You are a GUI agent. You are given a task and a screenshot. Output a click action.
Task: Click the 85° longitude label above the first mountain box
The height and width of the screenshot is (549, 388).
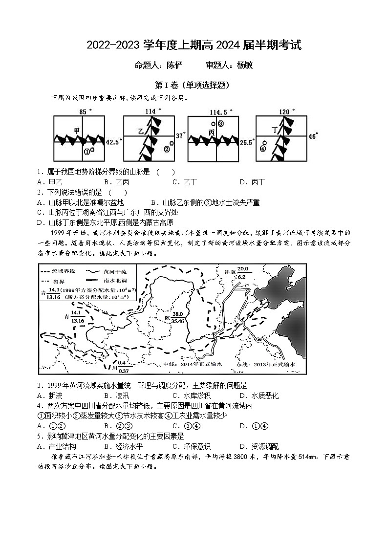(86, 111)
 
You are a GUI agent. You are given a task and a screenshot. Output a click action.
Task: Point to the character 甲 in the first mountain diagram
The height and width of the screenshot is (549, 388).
(77, 131)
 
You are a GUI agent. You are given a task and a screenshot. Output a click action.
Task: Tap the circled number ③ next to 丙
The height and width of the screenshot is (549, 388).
(221, 124)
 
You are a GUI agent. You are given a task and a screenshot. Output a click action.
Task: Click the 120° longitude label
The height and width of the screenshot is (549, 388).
(285, 111)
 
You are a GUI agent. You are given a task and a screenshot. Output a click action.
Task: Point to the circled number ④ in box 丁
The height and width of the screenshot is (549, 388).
(263, 149)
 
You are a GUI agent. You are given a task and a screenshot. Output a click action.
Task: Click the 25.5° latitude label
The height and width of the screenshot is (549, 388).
(247, 142)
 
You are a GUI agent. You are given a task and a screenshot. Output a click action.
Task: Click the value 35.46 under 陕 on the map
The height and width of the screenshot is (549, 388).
(177, 321)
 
